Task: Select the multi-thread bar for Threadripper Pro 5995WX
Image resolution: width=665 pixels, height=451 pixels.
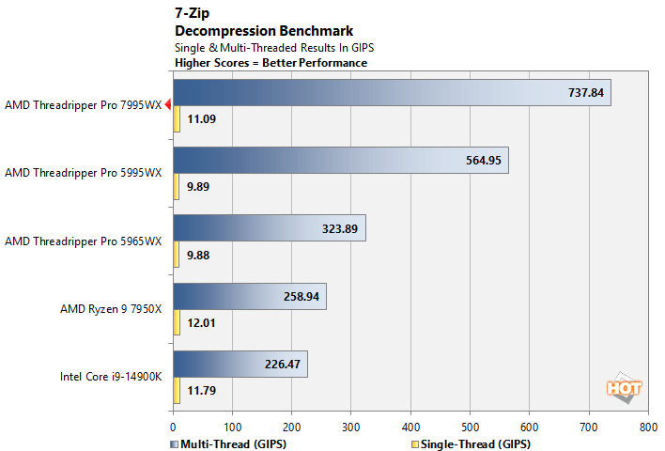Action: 340,161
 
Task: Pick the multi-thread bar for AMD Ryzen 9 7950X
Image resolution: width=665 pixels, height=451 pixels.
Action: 249,296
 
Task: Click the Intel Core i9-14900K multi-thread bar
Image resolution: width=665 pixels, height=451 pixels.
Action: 240,364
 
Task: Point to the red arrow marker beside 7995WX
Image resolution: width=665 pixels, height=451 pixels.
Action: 167,105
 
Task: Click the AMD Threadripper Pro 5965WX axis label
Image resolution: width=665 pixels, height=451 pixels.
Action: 83,241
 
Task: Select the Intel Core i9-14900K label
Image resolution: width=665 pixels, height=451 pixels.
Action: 111,377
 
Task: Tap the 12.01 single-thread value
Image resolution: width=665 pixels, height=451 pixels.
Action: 201,322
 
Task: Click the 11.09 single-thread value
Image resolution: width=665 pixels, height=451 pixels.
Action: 201,119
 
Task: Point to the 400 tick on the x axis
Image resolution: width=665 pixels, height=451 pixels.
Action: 410,426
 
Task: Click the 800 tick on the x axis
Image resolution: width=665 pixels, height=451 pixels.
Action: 647,426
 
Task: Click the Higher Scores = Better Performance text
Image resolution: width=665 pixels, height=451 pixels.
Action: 271,63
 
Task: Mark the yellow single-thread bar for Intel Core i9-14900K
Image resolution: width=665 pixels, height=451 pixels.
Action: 176,390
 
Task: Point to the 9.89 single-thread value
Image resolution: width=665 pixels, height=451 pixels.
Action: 198,187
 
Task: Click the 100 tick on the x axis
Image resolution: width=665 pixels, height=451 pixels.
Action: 232,426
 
